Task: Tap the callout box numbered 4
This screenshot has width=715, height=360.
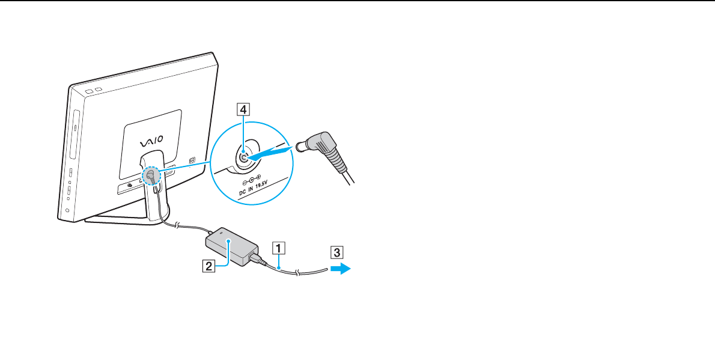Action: [243, 109]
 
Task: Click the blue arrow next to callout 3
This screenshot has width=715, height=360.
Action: [341, 270]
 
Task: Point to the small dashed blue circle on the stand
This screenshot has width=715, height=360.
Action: [150, 176]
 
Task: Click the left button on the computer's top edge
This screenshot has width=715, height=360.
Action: [89, 90]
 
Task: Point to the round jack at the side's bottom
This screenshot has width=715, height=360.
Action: [67, 210]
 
